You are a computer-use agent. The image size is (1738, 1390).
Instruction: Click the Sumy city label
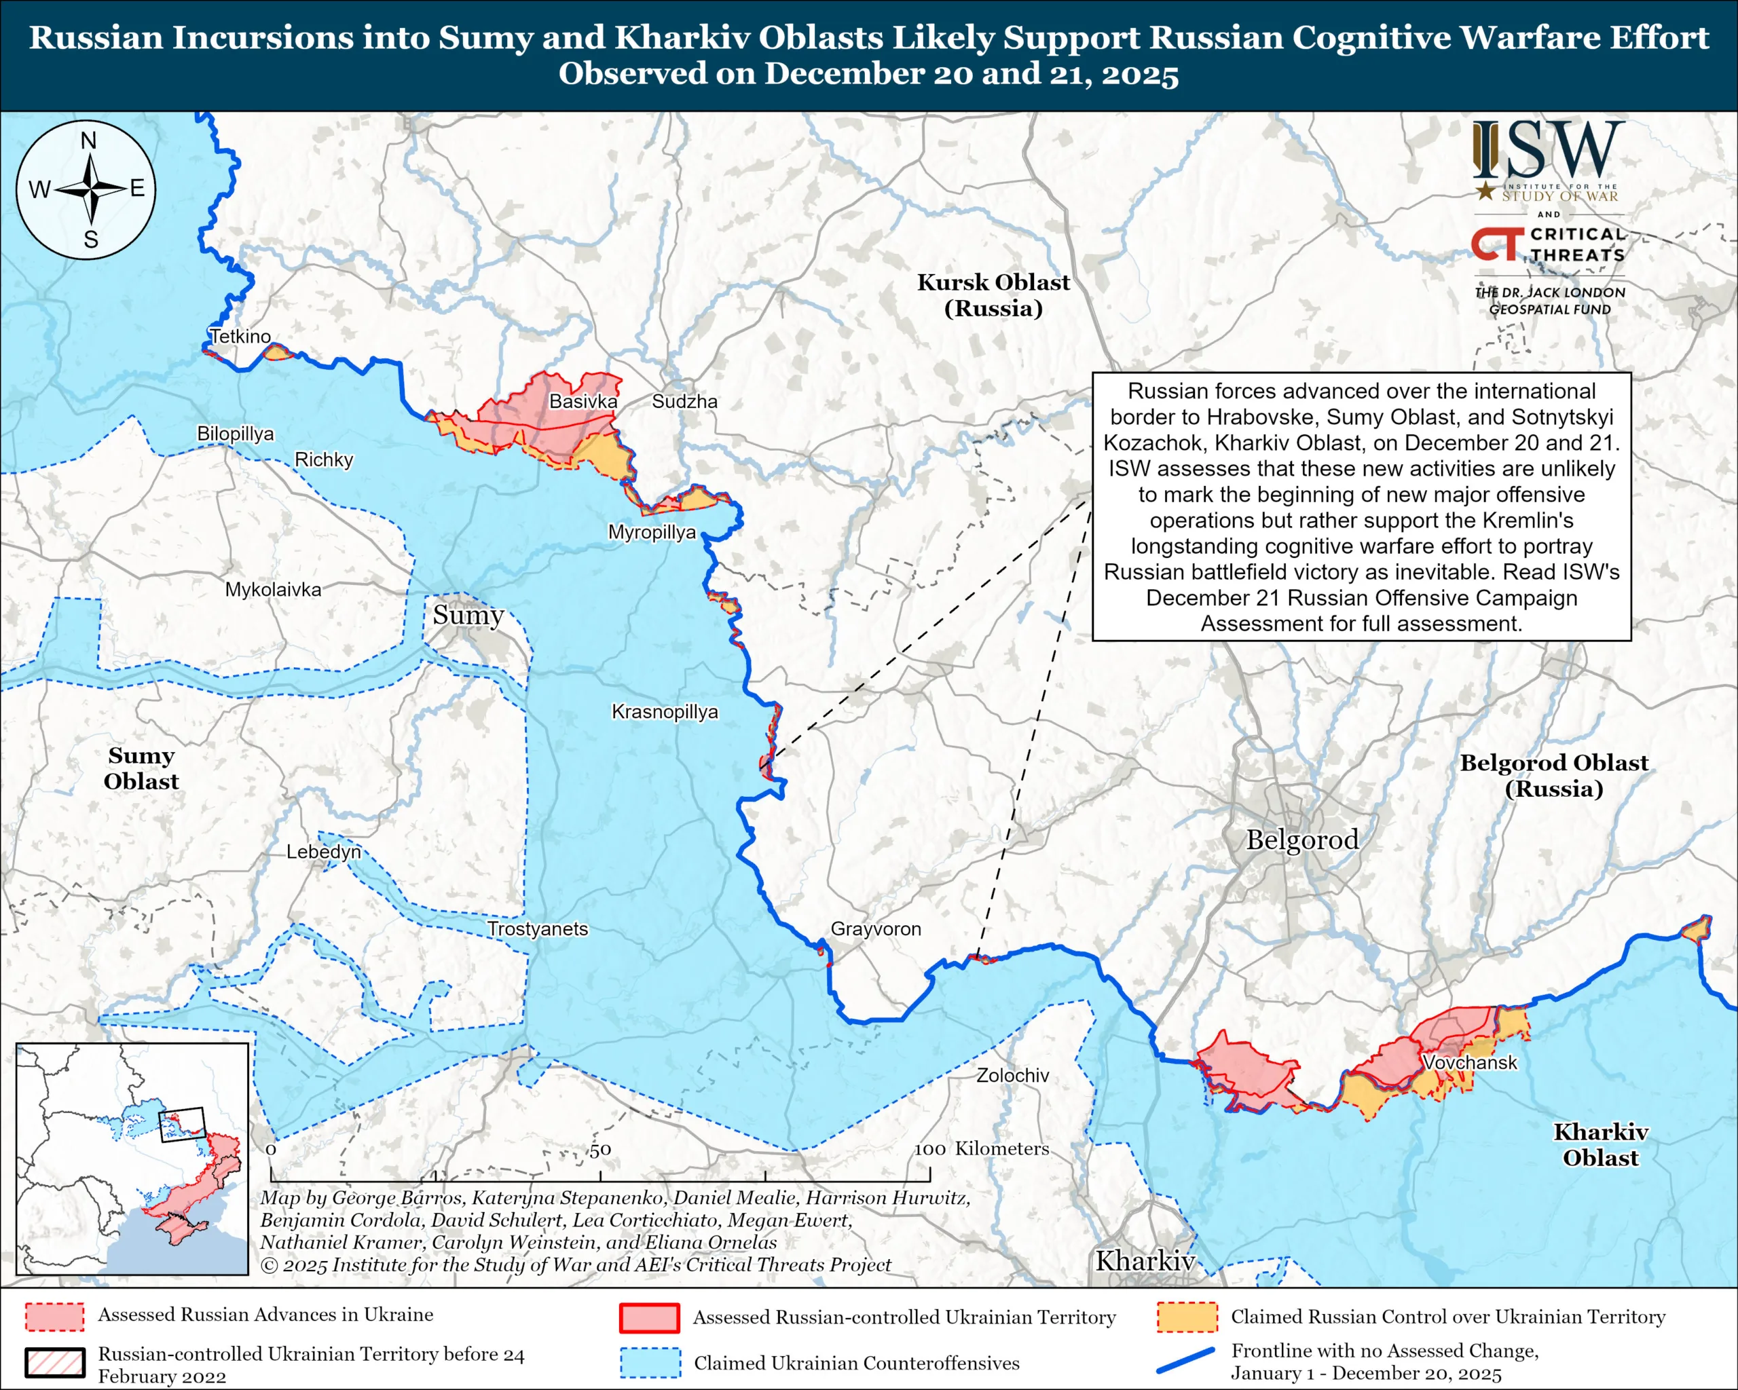tap(468, 616)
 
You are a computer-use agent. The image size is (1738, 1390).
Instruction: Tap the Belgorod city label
tap(1302, 840)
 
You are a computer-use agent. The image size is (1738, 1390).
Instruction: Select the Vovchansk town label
tap(1470, 1063)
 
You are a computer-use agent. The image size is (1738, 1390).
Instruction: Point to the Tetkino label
tap(240, 336)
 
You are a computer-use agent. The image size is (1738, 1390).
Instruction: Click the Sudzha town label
tap(684, 401)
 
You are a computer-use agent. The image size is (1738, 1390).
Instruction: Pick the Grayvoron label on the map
tap(875, 928)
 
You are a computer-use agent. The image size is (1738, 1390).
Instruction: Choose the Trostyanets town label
tap(538, 928)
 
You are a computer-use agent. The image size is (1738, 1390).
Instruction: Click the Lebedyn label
tap(323, 852)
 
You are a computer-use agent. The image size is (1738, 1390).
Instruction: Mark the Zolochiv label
tap(1012, 1075)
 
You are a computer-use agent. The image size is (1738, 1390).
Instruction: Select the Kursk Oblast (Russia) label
tap(993, 295)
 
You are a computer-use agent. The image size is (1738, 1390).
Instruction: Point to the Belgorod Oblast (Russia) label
tap(1553, 775)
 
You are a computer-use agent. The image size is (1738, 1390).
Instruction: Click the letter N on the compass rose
tap(89, 141)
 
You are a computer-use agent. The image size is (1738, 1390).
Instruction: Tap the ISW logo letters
tap(1548, 151)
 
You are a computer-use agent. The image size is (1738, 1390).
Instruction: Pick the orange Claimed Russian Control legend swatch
tap(1186, 1317)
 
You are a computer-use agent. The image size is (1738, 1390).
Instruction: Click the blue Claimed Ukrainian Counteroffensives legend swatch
tap(650, 1363)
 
